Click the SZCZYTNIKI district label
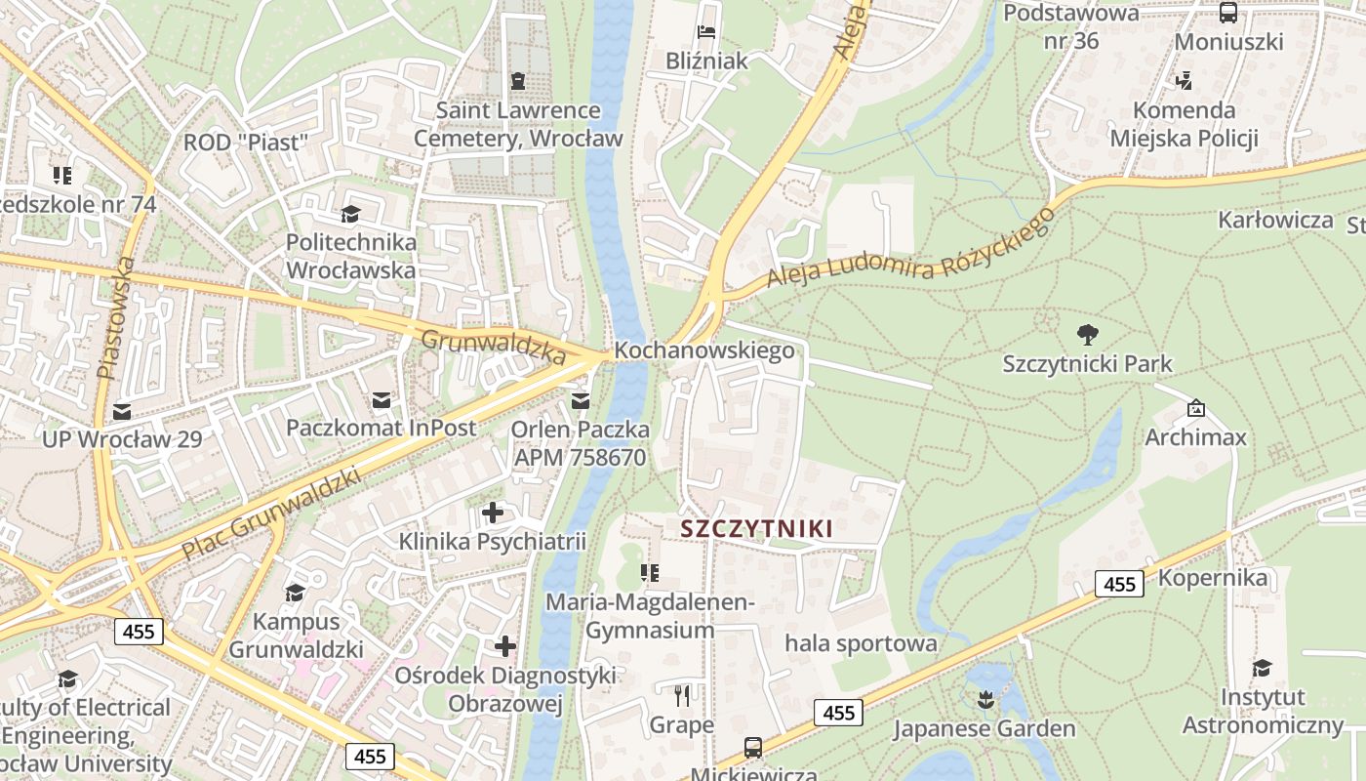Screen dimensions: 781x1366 pyautogui.click(x=756, y=529)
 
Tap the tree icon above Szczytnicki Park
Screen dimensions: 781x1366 pyautogui.click(x=1087, y=335)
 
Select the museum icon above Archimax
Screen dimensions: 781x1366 pyautogui.click(x=1196, y=408)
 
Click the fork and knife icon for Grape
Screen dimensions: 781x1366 pyautogui.click(x=682, y=696)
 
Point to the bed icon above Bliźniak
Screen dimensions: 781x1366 pyautogui.click(x=707, y=31)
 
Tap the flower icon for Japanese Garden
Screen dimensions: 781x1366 pyautogui.click(x=985, y=699)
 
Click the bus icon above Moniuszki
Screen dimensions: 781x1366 pyautogui.click(x=1228, y=13)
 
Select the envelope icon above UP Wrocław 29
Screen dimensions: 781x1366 pyautogui.click(x=122, y=411)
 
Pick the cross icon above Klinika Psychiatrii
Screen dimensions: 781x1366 pyautogui.click(x=493, y=512)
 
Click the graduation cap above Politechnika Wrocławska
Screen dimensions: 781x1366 pyautogui.click(x=350, y=214)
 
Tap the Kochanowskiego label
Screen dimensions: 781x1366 pyautogui.click(x=704, y=350)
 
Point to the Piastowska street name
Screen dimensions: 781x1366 pyautogui.click(x=114, y=317)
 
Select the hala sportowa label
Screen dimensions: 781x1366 pyautogui.click(x=861, y=643)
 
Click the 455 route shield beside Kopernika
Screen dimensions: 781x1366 pyautogui.click(x=1119, y=584)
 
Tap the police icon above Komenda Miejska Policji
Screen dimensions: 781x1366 pyautogui.click(x=1184, y=81)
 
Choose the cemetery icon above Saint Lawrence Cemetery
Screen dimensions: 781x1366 pyautogui.click(x=517, y=81)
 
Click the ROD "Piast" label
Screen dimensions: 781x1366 pyautogui.click(x=246, y=143)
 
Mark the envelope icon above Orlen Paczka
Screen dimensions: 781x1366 pyautogui.click(x=581, y=400)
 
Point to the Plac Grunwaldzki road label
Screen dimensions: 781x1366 pyautogui.click(x=270, y=514)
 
